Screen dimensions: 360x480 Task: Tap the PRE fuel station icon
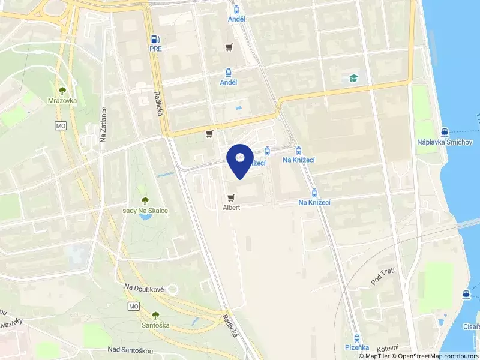[x=155, y=38]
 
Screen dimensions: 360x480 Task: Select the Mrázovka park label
[x=62, y=101]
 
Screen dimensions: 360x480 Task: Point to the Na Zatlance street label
[x=103, y=124]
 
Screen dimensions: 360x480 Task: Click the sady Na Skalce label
[x=145, y=211]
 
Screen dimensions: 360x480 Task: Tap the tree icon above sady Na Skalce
[x=144, y=200]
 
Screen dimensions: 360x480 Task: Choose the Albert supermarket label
[x=231, y=208]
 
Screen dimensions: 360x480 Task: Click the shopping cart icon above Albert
[x=231, y=197]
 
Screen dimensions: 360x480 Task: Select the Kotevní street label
[x=388, y=348]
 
